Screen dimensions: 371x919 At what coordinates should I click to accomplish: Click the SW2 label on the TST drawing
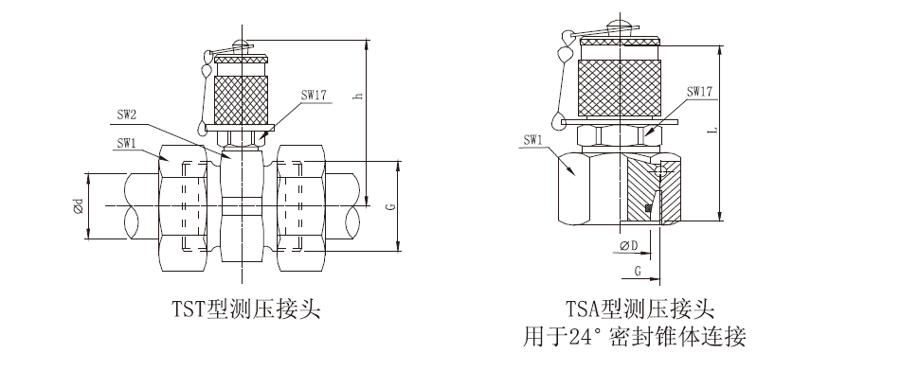tap(127, 114)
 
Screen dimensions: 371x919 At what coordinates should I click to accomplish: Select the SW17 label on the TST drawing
tap(314, 95)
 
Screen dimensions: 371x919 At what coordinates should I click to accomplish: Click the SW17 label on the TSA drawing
tap(699, 93)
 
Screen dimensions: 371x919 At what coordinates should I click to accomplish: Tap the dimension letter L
tap(712, 131)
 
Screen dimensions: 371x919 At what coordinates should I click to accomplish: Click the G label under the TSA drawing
tap(638, 271)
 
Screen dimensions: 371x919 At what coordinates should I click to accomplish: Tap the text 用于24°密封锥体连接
tap(637, 337)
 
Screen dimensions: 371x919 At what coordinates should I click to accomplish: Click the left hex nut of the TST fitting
tap(186, 205)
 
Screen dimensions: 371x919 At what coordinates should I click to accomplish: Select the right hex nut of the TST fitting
tap(303, 205)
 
